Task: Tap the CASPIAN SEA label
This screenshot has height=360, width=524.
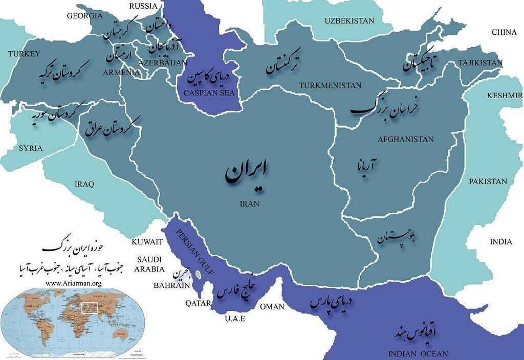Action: tap(205, 93)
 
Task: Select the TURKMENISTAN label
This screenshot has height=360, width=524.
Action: tap(331, 85)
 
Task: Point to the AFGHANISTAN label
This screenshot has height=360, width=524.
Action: tap(405, 139)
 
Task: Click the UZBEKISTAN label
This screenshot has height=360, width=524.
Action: tap(350, 21)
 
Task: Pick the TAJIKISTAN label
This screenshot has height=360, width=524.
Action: tap(481, 62)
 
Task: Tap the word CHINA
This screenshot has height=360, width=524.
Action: tap(504, 32)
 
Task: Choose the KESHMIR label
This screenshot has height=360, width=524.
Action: tap(505, 96)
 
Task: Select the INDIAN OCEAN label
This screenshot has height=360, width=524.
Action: tap(418, 353)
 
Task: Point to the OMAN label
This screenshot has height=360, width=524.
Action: tap(272, 306)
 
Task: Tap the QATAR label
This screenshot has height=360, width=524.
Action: tap(199, 303)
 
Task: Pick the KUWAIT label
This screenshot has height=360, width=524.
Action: tap(147, 241)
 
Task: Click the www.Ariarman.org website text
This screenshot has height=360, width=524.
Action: tap(74, 283)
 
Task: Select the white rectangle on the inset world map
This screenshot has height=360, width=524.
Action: tap(90, 308)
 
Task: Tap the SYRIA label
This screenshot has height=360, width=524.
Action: tap(31, 148)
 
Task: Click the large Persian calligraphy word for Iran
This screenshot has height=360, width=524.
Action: tap(247, 174)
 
